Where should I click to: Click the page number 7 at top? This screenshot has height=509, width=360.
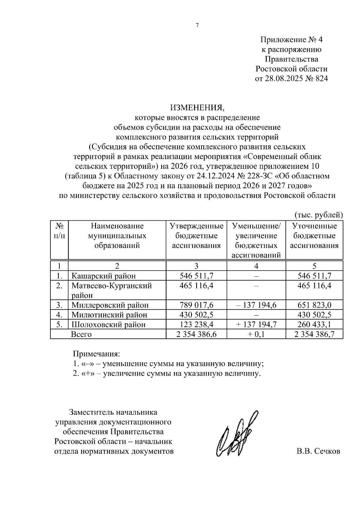197,26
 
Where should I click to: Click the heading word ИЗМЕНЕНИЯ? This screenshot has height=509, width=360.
197,107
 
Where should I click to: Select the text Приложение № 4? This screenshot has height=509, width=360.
291,40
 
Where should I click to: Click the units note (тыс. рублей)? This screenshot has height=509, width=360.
319,215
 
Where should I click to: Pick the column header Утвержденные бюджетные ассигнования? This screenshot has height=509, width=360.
196,236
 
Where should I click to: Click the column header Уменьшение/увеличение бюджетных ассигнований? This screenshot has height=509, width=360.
256,240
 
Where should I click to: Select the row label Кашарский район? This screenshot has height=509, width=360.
103,276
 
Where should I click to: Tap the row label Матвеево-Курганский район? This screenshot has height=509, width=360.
111,290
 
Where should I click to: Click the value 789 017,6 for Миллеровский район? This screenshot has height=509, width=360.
196,305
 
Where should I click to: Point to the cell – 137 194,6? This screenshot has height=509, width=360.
256,305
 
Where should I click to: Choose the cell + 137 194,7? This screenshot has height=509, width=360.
256,324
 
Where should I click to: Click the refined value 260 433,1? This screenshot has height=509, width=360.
314,324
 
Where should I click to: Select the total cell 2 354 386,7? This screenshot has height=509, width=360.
314,334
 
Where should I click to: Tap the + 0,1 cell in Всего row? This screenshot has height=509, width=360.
256,334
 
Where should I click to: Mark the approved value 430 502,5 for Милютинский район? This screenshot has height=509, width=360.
196,315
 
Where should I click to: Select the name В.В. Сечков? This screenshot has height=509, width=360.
318,451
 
